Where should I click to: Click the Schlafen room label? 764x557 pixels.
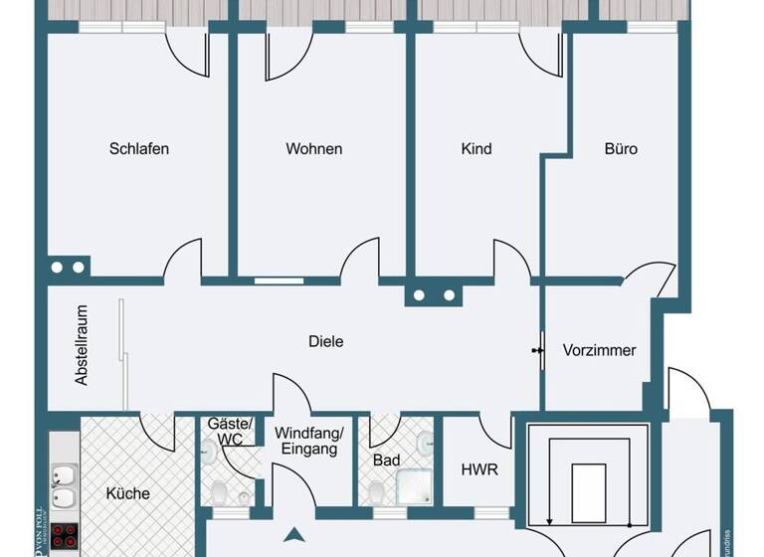(139, 149)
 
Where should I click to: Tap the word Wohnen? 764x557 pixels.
(314, 149)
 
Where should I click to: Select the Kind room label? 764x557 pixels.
(477, 149)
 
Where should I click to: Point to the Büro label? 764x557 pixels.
(621, 149)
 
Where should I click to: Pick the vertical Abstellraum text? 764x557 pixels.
(83, 345)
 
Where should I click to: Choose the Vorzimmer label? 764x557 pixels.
(599, 350)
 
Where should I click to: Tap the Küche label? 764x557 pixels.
(128, 493)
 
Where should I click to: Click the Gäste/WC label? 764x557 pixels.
(224, 431)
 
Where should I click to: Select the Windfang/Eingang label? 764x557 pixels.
(308, 441)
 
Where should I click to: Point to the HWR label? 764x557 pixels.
(480, 469)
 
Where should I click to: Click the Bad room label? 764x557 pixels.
(386, 461)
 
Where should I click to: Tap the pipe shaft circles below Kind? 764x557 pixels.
(434, 295)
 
